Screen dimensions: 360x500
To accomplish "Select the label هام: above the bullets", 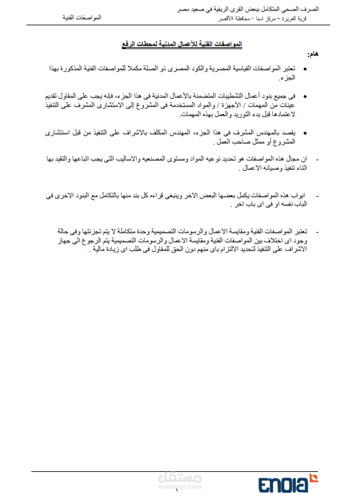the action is [312, 55].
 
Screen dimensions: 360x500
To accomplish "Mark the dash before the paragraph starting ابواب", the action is [317, 195].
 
